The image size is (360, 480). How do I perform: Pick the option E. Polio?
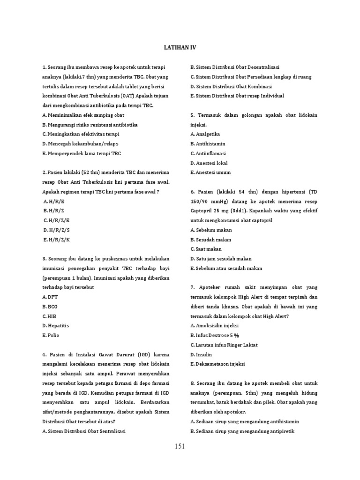coord(51,335)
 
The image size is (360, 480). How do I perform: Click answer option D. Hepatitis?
coord(56,326)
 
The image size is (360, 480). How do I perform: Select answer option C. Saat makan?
coord(206,249)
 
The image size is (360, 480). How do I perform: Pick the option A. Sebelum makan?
coord(211,230)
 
